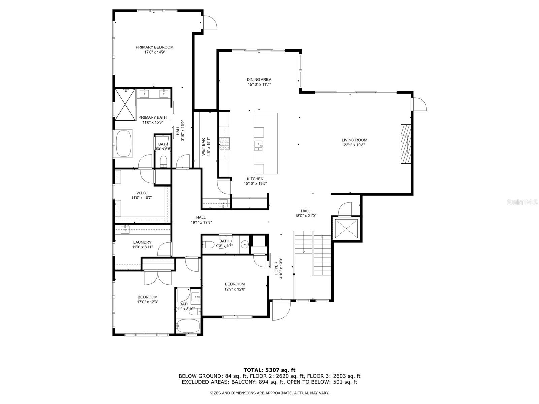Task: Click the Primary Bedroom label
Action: coord(154,47)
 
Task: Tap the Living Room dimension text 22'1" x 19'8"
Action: coord(354,145)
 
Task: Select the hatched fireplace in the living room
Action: coord(406,144)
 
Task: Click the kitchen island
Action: coord(265,143)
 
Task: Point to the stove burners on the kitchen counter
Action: coord(224,144)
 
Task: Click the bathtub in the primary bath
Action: coord(124,143)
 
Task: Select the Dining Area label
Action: coord(259,80)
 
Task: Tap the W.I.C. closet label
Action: coord(141,193)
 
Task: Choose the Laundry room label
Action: coord(142,242)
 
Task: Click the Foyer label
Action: coord(276,268)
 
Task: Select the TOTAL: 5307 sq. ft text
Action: coord(269,370)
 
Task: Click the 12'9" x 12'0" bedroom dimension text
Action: coord(235,289)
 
